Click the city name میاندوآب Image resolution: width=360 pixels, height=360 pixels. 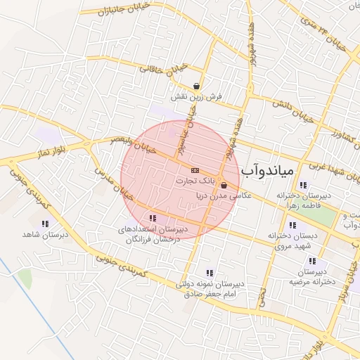[270, 171]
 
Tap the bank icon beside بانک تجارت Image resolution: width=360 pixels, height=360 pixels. [195, 170]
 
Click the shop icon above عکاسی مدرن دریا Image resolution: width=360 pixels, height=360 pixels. [224, 186]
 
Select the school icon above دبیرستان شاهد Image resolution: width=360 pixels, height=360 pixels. [45, 224]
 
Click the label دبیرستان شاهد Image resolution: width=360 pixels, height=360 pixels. [45, 234]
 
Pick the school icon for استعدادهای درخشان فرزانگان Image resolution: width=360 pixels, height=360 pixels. [153, 219]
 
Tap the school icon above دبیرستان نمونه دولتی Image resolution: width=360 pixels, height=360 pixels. [209, 273]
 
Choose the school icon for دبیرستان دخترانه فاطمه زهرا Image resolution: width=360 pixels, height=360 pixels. [302, 185]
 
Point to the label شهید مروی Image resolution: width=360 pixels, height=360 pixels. [291, 247]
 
